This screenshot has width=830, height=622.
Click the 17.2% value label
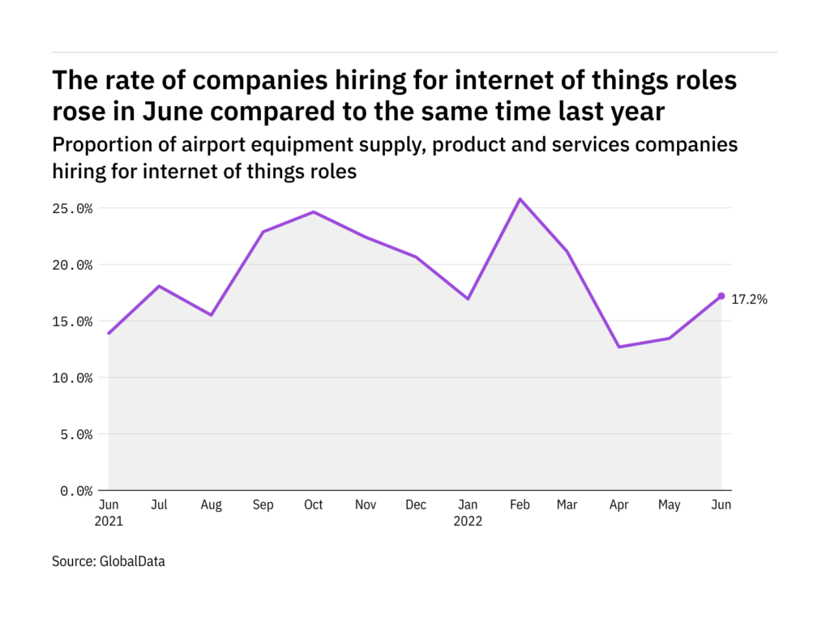click(750, 300)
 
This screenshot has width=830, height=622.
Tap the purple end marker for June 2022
click(721, 296)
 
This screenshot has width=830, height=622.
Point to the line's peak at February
click(520, 198)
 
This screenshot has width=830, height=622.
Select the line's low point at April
click(619, 347)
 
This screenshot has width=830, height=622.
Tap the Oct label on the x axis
click(313, 505)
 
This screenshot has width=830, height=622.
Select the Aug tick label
click(211, 505)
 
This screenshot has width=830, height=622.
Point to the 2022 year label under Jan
click(468, 521)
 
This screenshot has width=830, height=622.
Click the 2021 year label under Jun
click(109, 521)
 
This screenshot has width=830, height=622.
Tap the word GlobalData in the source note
click(131, 560)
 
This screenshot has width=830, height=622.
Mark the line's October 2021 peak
click(314, 211)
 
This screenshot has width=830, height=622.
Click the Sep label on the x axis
click(263, 505)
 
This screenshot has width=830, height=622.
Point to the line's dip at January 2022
click(468, 299)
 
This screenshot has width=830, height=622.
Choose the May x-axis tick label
click(670, 505)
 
